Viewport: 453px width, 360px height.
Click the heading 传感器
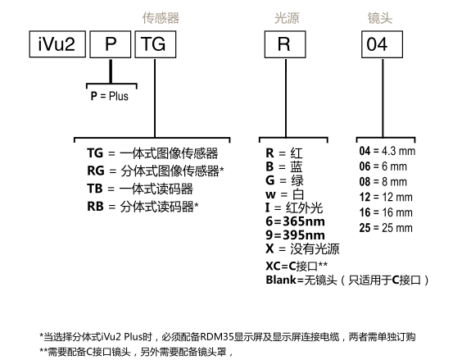(x=161, y=18)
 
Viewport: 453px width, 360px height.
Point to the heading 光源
(x=287, y=18)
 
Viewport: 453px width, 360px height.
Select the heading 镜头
(x=380, y=18)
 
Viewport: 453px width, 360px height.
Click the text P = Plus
(x=110, y=96)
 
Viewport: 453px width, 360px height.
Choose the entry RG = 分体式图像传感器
(x=156, y=171)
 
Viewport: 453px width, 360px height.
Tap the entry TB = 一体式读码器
(x=140, y=189)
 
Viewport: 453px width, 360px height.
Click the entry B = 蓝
(x=284, y=166)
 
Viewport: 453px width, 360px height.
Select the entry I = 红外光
(x=294, y=207)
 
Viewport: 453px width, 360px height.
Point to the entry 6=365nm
(x=295, y=221)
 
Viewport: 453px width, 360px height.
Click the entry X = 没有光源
(x=302, y=248)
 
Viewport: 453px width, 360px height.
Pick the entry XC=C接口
(x=297, y=266)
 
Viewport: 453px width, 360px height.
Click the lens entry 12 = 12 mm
(x=386, y=197)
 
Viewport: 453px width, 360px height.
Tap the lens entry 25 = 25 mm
(x=386, y=228)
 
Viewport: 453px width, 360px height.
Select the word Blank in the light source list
(x=281, y=280)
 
